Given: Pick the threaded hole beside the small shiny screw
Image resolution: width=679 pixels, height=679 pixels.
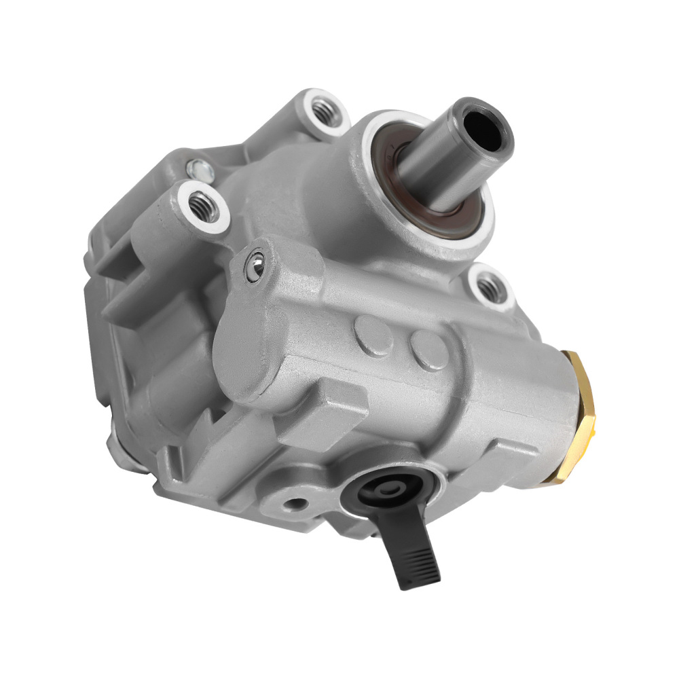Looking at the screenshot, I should point(202,203).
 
